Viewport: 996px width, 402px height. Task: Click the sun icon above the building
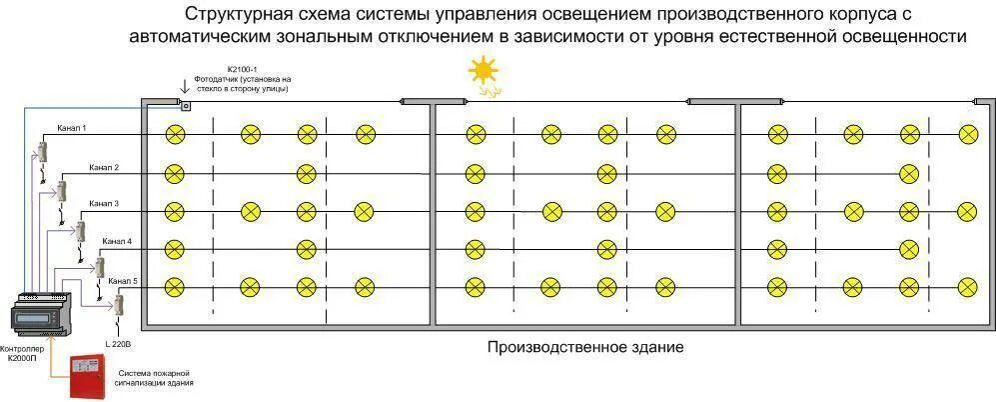coord(484,73)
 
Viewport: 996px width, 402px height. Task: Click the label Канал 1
coord(72,129)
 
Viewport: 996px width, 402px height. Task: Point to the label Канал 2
coord(103,167)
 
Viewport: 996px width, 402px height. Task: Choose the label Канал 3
coord(103,204)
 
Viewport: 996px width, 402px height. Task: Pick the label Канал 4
coord(117,242)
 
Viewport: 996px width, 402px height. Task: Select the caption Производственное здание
coord(585,348)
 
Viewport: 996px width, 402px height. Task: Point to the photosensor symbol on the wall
coord(184,103)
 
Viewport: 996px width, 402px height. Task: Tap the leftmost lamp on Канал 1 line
coord(175,134)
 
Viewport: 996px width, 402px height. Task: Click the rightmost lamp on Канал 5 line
coord(967,288)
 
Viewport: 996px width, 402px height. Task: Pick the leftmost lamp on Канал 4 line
coord(175,249)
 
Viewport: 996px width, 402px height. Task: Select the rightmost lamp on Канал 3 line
coord(967,211)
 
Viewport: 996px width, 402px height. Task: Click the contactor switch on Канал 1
coord(43,152)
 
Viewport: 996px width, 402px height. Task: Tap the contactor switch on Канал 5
coord(118,304)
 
